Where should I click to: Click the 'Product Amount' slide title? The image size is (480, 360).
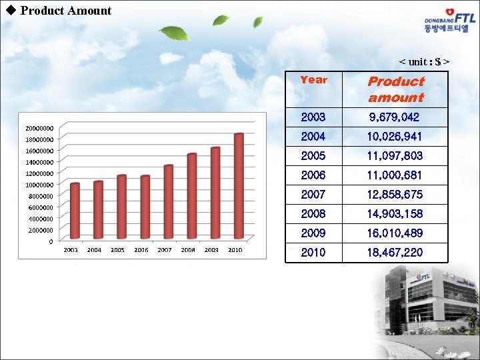[x=65, y=11]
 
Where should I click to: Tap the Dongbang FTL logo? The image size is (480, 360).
[x=451, y=21]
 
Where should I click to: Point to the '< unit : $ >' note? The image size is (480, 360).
[x=424, y=62]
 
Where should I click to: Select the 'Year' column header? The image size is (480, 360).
[x=313, y=80]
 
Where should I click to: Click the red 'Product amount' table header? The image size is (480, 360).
[x=396, y=89]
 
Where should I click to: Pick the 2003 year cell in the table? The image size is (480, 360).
[x=313, y=117]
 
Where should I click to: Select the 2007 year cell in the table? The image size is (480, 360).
[x=313, y=195]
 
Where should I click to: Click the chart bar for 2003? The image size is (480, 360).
[x=75, y=210]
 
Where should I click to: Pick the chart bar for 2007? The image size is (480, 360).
[x=169, y=201]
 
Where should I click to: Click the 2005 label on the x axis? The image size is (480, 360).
[x=117, y=250]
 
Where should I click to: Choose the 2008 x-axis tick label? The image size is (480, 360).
[x=188, y=250]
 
